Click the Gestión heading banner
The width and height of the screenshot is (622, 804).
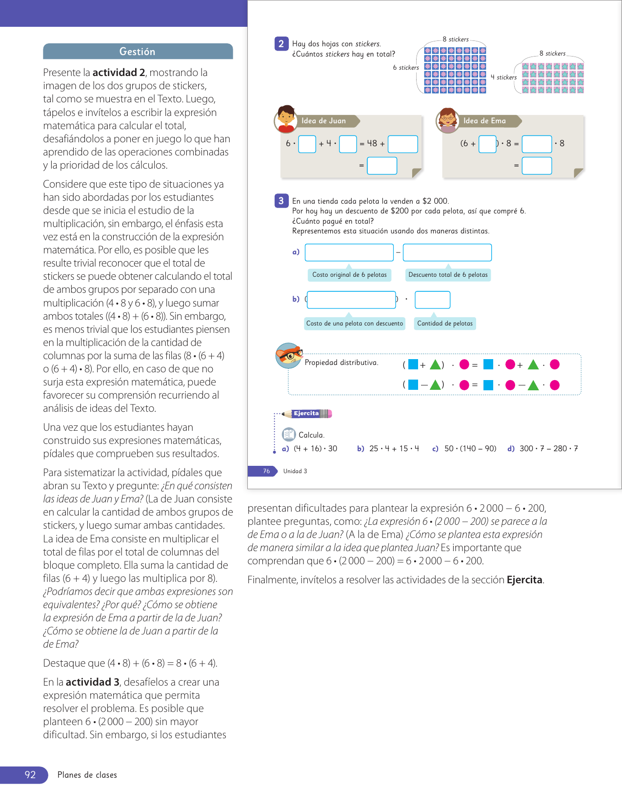138,52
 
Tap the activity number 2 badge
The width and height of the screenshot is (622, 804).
281,44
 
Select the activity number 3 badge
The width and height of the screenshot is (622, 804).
281,201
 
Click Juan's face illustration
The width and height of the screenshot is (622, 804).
286,118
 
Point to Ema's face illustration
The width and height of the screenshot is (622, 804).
447,120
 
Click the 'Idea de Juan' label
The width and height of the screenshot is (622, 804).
324,121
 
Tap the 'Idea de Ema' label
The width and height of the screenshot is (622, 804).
484,121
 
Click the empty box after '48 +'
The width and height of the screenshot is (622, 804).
403,144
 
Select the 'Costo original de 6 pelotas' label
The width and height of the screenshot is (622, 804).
349,275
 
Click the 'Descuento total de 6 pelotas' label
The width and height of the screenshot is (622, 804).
448,275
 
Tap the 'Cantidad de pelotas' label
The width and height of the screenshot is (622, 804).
445,323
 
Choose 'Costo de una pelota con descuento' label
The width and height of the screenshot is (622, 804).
355,323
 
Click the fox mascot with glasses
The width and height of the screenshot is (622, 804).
289,356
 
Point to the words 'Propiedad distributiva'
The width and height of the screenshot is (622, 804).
341,363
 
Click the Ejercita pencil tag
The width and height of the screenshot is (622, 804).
307,414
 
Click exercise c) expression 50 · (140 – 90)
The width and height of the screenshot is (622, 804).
470,448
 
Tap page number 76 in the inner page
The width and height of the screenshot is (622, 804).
266,471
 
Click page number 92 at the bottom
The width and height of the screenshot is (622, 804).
30,775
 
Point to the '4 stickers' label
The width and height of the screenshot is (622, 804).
503,77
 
